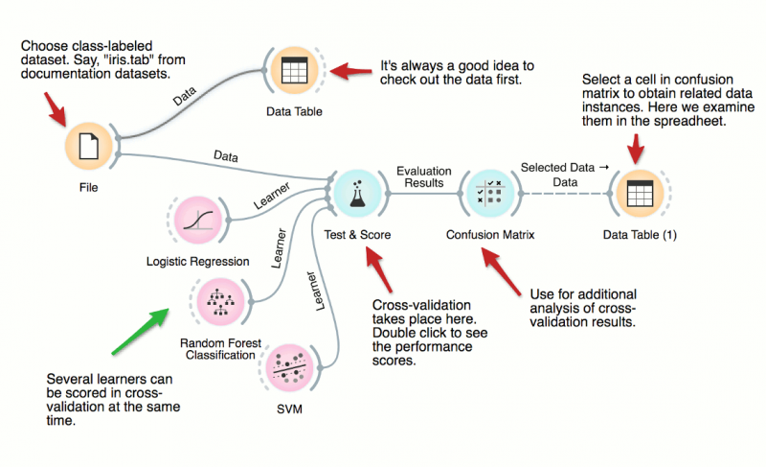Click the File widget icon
click(x=88, y=147)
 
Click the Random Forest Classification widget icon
click(x=217, y=301)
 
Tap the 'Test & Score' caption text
click(x=357, y=234)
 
